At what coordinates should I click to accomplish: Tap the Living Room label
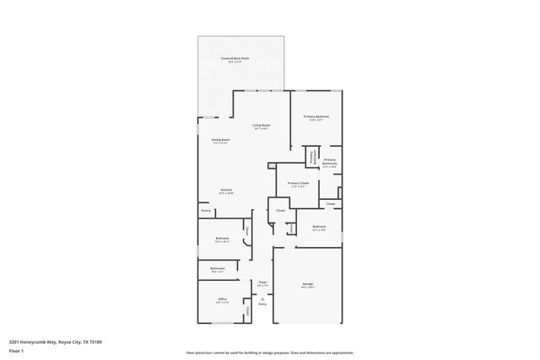(x=262, y=125)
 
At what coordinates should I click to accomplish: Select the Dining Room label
(x=221, y=140)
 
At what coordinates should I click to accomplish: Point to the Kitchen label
(x=226, y=190)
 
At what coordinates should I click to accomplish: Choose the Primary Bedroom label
(x=316, y=116)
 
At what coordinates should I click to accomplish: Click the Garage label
(x=308, y=284)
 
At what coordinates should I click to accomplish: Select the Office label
(x=222, y=298)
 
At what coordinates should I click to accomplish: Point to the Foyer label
(x=263, y=282)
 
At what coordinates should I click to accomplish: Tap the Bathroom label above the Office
(x=218, y=268)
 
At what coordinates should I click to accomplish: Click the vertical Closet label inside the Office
(x=247, y=312)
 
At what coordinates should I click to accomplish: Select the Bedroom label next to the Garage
(x=319, y=227)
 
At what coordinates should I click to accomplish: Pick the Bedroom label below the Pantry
(x=222, y=239)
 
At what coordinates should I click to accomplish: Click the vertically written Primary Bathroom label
(x=312, y=157)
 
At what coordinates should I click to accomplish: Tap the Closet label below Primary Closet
(x=331, y=203)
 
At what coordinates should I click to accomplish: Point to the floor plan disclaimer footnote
(x=270, y=352)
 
